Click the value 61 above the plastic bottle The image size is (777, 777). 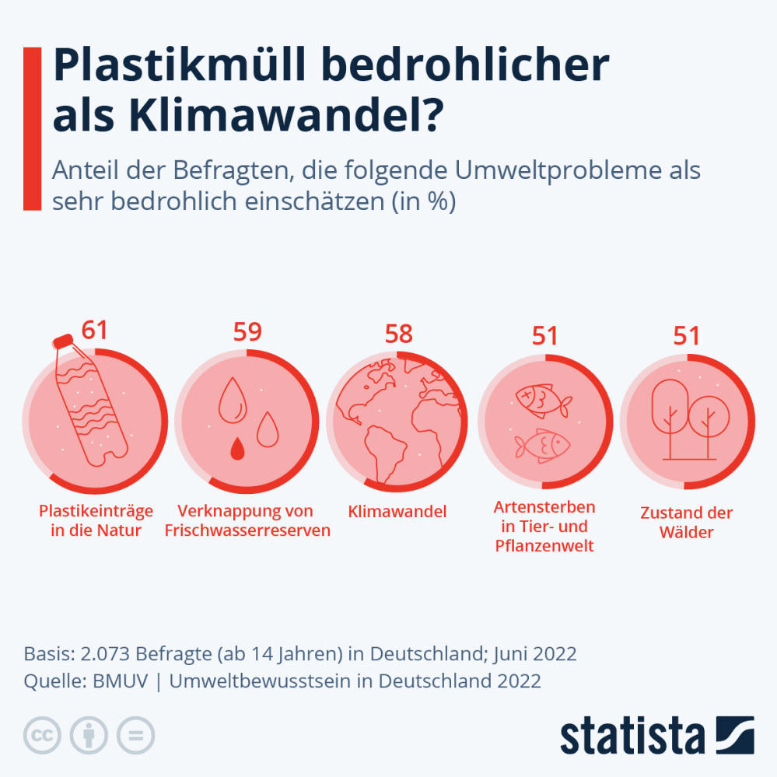tap(95, 330)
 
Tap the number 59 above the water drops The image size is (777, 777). tap(247, 332)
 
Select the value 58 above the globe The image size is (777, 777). tap(399, 334)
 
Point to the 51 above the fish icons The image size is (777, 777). tap(545, 336)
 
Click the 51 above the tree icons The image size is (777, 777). tap(687, 336)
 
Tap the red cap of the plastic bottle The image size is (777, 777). tap(61, 342)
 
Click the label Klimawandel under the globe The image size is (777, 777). tap(397, 512)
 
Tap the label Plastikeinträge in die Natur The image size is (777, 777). tap(96, 521)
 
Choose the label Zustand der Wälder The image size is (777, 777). tap(687, 523)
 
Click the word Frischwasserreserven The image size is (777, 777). tap(247, 531)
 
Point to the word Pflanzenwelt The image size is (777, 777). tap(544, 546)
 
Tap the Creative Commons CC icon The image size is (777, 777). tap(43, 735)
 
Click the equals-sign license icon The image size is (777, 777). tap(136, 735)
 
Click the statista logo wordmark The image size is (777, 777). tap(632, 736)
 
